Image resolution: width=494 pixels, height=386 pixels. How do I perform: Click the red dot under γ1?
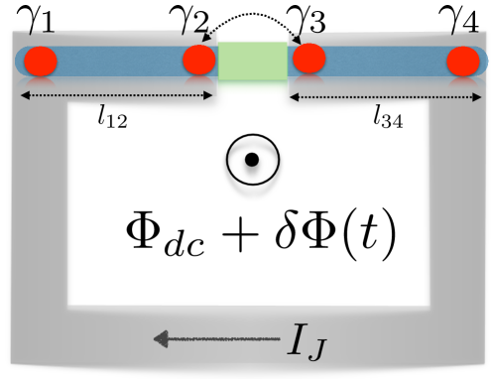click(x=41, y=61)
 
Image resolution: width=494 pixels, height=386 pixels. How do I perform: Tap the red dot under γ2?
click(x=199, y=61)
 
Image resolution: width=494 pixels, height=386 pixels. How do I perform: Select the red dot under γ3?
click(x=309, y=60)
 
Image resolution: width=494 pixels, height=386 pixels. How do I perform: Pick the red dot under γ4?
click(x=463, y=62)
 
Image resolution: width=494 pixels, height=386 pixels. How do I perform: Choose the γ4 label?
click(x=462, y=18)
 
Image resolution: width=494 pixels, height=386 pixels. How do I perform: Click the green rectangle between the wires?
click(x=252, y=61)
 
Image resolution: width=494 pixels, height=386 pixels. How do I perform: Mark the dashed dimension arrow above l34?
click(x=387, y=97)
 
